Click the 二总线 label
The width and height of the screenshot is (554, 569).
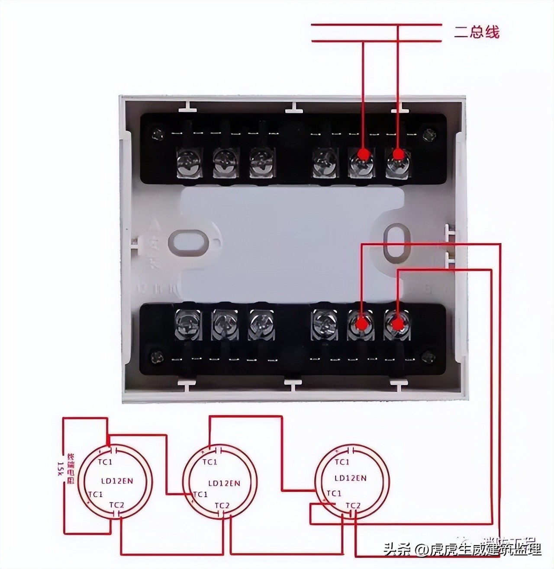tap(477, 32)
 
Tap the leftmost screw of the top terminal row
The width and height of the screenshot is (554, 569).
tap(189, 162)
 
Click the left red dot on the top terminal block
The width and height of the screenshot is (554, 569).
tap(364, 154)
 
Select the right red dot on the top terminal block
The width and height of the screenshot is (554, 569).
tap(398, 154)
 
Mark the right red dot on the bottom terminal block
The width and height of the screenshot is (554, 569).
tap(396, 323)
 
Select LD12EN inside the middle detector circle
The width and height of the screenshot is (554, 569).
tap(224, 483)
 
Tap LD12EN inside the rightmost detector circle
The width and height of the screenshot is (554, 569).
tap(351, 478)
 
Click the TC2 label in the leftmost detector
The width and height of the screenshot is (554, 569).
tap(116, 505)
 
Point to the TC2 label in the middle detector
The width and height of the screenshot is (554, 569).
tap(222, 505)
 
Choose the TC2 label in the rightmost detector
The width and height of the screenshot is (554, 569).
tap(353, 505)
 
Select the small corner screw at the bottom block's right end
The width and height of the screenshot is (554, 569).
tap(428, 357)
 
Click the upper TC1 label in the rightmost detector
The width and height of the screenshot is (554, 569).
tap(341, 462)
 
